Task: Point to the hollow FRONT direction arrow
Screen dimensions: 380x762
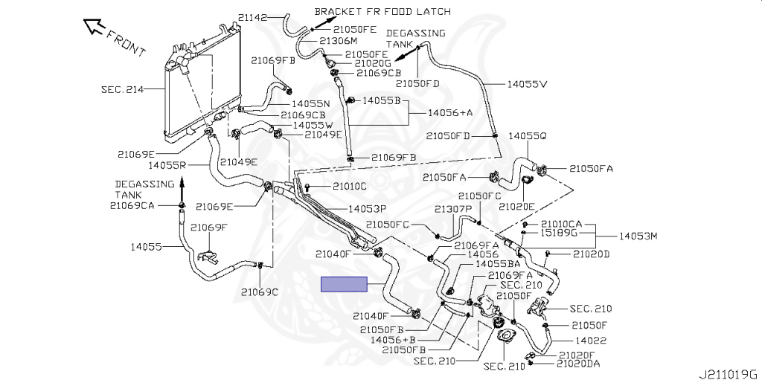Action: (95, 28)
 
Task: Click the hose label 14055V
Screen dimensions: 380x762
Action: (527, 84)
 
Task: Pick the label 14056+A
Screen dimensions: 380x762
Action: (450, 112)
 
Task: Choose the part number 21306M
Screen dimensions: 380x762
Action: (339, 41)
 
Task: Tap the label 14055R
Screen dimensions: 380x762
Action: (167, 164)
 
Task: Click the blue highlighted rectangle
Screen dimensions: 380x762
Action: (344, 284)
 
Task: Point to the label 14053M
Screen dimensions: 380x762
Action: (639, 236)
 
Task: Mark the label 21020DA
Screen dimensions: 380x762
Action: (578, 364)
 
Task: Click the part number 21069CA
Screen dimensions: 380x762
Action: (132, 205)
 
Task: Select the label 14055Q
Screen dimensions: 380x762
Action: (528, 136)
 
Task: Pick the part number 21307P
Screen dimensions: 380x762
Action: (454, 209)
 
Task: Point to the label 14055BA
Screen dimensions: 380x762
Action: (499, 264)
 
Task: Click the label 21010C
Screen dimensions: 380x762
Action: (350, 186)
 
